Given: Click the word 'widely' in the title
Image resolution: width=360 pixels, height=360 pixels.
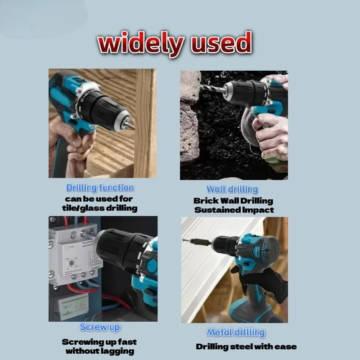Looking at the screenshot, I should coord(139,44).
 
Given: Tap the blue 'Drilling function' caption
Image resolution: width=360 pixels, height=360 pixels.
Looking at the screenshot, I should coord(99,188).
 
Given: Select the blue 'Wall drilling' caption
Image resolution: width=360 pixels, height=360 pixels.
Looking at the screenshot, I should coord(232,189).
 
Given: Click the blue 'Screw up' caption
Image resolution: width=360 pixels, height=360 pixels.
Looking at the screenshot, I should coord(100,327).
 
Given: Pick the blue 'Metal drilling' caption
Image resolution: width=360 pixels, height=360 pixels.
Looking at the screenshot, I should coord(235,333).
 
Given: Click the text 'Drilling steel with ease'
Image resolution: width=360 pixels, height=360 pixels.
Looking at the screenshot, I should coord(246,346).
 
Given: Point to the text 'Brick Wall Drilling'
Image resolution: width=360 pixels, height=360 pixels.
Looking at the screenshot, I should coord(233,201).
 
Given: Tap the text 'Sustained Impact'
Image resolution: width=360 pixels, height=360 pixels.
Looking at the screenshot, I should coord(234,210).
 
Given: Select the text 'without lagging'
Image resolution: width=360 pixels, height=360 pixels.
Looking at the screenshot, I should coord(99,351).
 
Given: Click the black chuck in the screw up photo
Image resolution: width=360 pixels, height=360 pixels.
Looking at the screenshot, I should coord(119,252).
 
